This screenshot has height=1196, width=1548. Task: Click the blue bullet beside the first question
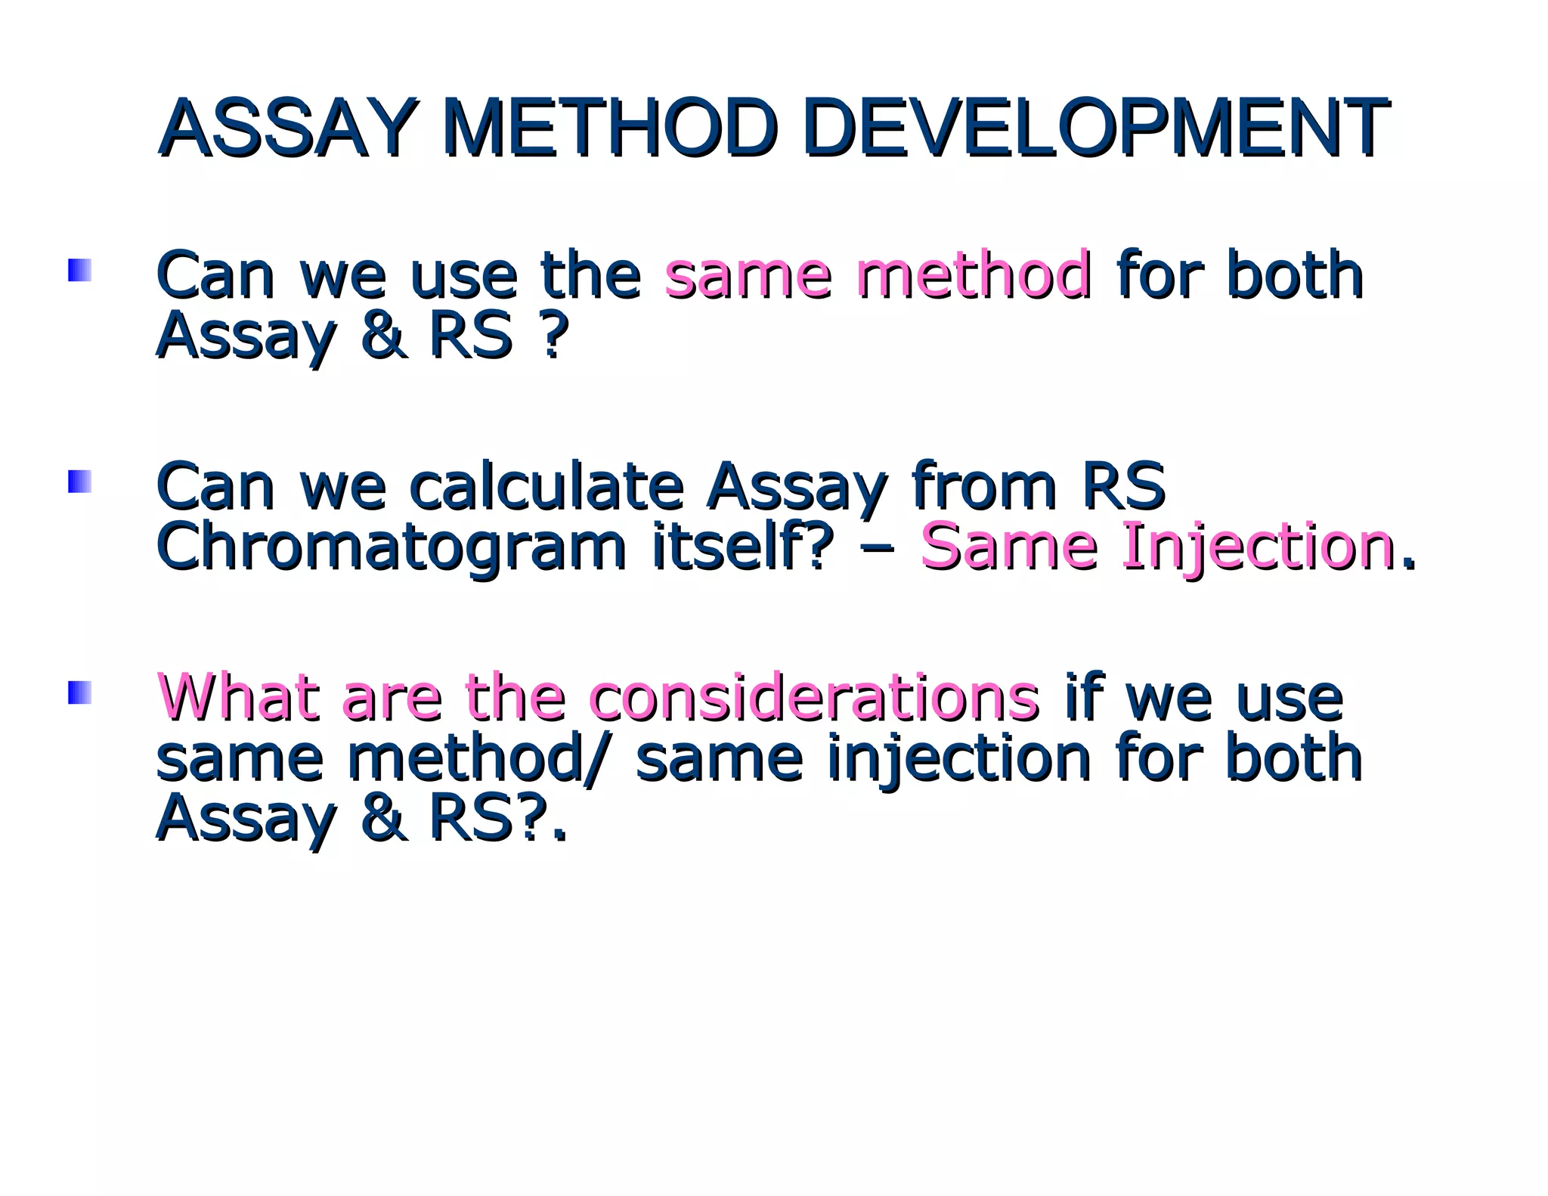pyautogui.click(x=79, y=271)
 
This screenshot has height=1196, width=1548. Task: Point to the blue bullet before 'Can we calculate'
pyautogui.click(x=79, y=482)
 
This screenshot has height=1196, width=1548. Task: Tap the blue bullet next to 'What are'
pyautogui.click(x=79, y=693)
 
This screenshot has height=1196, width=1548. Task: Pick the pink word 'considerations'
pyautogui.click(x=813, y=696)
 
